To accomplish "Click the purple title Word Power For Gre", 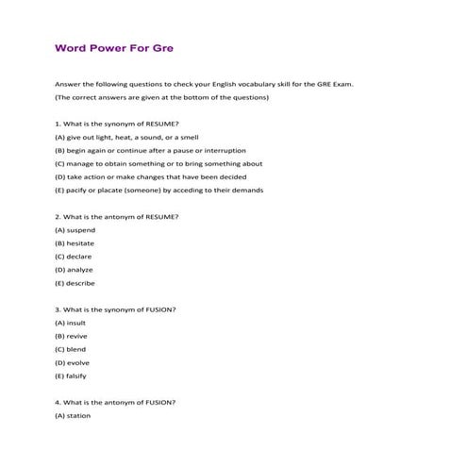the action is point(113,45).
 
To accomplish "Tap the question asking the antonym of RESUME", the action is point(116,217).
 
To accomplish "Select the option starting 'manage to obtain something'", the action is point(158,163).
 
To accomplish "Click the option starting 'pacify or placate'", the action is point(158,190).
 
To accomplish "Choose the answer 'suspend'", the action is point(76,230).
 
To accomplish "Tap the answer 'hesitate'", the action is point(76,243).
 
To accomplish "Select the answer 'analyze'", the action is point(75,270).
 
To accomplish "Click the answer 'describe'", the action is point(76,283).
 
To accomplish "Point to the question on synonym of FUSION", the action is point(115,309).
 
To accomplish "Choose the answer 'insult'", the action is point(72,323).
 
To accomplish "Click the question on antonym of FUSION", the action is point(115,403).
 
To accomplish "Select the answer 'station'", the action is point(75,416).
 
